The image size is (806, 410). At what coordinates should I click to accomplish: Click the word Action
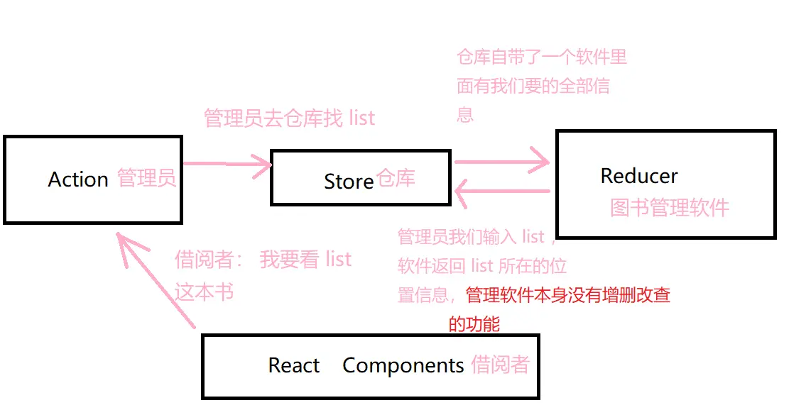pyautogui.click(x=78, y=179)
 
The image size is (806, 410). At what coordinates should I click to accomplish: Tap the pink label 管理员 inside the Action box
pyautogui.click(x=146, y=178)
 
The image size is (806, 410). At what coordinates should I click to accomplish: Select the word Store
pyautogui.click(x=348, y=182)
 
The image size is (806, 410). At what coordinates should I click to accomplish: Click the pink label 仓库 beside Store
pyautogui.click(x=396, y=178)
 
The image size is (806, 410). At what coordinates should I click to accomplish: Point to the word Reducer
pyautogui.click(x=639, y=176)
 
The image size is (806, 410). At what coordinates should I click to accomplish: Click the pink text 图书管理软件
pyautogui.click(x=670, y=207)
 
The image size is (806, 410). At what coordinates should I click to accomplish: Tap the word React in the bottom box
pyautogui.click(x=294, y=365)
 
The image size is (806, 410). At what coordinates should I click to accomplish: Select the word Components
pyautogui.click(x=403, y=365)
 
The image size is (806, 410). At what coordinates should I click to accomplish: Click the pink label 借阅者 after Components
pyautogui.click(x=501, y=365)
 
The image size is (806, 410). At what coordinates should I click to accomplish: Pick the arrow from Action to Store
pyautogui.click(x=227, y=165)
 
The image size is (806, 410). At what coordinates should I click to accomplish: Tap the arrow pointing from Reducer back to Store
pyautogui.click(x=501, y=190)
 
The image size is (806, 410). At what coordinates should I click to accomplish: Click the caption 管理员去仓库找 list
pyautogui.click(x=289, y=118)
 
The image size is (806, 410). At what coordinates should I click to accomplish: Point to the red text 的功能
pyautogui.click(x=474, y=324)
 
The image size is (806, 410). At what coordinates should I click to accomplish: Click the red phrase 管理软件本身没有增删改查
pyautogui.click(x=568, y=295)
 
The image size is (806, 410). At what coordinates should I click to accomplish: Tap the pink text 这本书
pyautogui.click(x=205, y=292)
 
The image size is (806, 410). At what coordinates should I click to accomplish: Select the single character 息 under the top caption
pyautogui.click(x=465, y=114)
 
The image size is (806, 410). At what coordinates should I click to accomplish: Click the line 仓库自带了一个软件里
pyautogui.click(x=542, y=56)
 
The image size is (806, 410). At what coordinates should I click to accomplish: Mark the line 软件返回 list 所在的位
pyautogui.click(x=482, y=266)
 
